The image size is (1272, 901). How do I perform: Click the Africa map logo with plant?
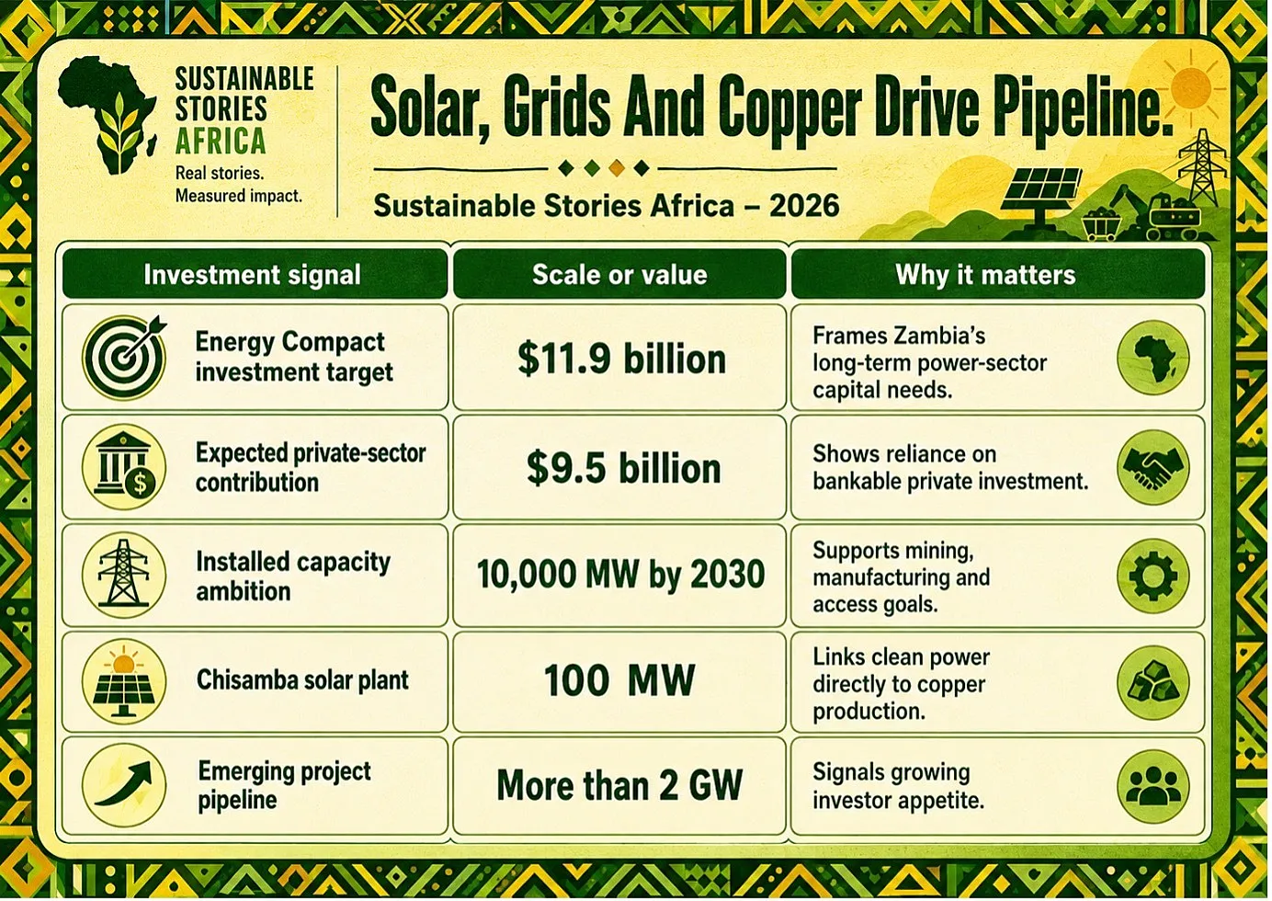[108, 115]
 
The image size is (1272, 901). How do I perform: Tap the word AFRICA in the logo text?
[221, 142]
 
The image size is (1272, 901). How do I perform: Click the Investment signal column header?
[252, 274]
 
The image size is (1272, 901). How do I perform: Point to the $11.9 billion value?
[621, 359]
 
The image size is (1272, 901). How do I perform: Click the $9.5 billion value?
[623, 468]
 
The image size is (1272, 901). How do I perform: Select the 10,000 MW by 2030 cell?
[620, 574]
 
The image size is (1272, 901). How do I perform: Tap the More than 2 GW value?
[619, 785]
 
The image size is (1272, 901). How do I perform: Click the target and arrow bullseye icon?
[124, 358]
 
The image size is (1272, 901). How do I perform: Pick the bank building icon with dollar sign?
[124, 466]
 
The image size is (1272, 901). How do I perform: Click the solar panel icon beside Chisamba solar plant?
[124, 680]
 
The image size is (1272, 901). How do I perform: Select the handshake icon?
[1153, 468]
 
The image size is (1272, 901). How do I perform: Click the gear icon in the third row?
[1153, 576]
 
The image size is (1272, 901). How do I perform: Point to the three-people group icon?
[1153, 786]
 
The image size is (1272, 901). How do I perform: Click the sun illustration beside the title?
[1191, 88]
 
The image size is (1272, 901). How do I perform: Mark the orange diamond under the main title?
[616, 168]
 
